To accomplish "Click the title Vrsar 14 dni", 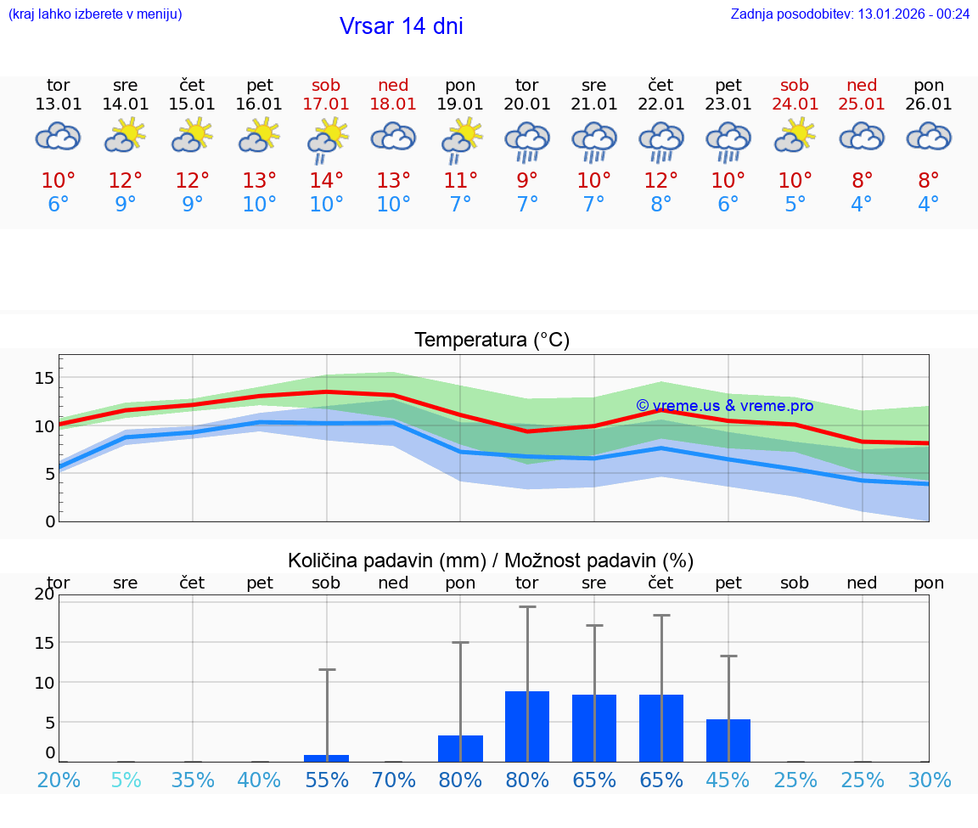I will click(401, 26).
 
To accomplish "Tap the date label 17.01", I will click(326, 104).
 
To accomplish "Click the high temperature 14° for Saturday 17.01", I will click(326, 181).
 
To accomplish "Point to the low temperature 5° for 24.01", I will click(795, 205).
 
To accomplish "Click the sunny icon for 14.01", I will click(126, 135).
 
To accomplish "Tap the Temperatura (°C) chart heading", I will click(492, 341).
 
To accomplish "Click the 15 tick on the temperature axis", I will click(44, 378).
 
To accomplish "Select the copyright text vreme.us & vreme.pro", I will click(724, 406).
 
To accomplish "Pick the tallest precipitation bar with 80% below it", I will click(527, 726).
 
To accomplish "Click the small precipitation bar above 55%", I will click(326, 758).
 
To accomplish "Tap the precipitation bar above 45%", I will click(728, 741).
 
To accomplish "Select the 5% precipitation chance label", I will click(126, 780).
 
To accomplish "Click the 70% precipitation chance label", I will click(393, 780).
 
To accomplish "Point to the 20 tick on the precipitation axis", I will click(44, 594).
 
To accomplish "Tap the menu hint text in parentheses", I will click(94, 14).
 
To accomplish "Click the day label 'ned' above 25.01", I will click(862, 86).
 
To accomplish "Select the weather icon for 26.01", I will click(929, 136).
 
